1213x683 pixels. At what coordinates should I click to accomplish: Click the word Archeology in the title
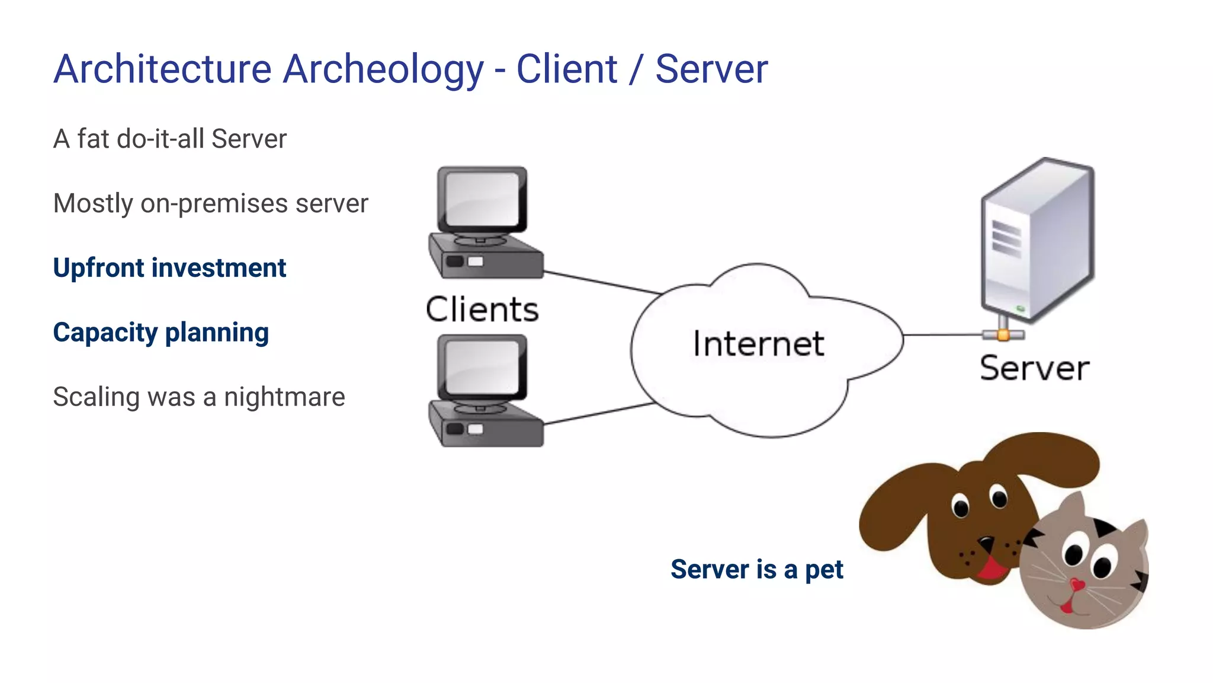point(383,70)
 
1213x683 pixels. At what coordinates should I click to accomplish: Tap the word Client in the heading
point(567,69)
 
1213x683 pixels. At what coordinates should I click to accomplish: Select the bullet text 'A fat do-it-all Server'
point(170,139)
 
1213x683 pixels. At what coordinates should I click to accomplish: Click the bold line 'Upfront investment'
point(169,267)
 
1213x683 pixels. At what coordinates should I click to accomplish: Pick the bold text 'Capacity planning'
point(161,332)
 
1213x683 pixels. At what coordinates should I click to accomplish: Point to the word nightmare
point(284,397)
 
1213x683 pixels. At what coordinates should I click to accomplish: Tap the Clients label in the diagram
point(482,309)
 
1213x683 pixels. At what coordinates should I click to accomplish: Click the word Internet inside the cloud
point(759,344)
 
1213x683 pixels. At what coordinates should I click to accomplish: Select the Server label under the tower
point(1034,368)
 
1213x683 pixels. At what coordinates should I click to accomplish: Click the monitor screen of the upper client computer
point(481,199)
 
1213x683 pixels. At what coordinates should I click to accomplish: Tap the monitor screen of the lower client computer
point(481,366)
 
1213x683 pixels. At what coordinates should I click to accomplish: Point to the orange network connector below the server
point(1003,335)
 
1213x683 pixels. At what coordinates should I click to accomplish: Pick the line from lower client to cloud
point(598,413)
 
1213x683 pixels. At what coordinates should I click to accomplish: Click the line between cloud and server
point(942,335)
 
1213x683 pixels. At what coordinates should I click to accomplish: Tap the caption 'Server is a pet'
point(756,569)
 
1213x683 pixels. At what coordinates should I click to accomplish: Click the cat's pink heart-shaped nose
point(1077,585)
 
